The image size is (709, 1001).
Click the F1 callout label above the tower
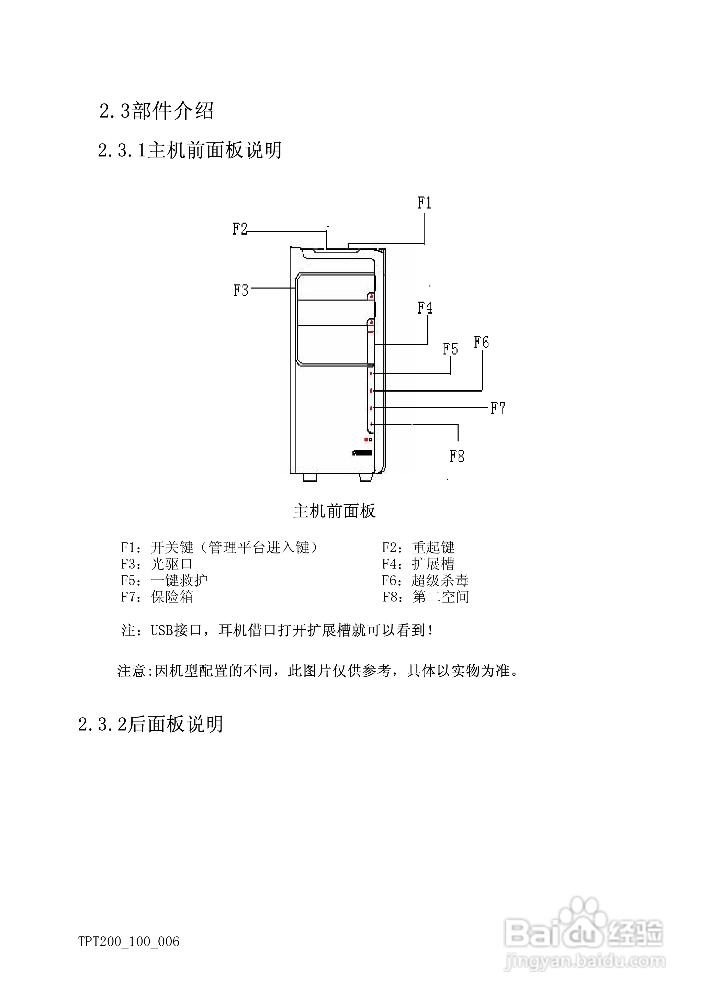[424, 203]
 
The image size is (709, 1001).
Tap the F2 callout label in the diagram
[240, 229]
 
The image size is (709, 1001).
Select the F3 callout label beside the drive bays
[241, 290]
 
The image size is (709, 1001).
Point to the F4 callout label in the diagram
[425, 308]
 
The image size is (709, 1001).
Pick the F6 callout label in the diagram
[481, 342]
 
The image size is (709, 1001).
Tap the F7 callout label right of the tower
[498, 408]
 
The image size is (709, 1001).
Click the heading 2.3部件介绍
[156, 111]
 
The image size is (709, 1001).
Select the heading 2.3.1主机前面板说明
[190, 150]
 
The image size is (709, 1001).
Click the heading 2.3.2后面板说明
[150, 724]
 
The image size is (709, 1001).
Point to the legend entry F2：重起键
[418, 548]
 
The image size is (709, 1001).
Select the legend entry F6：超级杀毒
[425, 581]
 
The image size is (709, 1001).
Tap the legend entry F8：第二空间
[426, 597]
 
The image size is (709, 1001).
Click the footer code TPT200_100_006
[129, 942]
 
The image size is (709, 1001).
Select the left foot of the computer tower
[309, 477]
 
